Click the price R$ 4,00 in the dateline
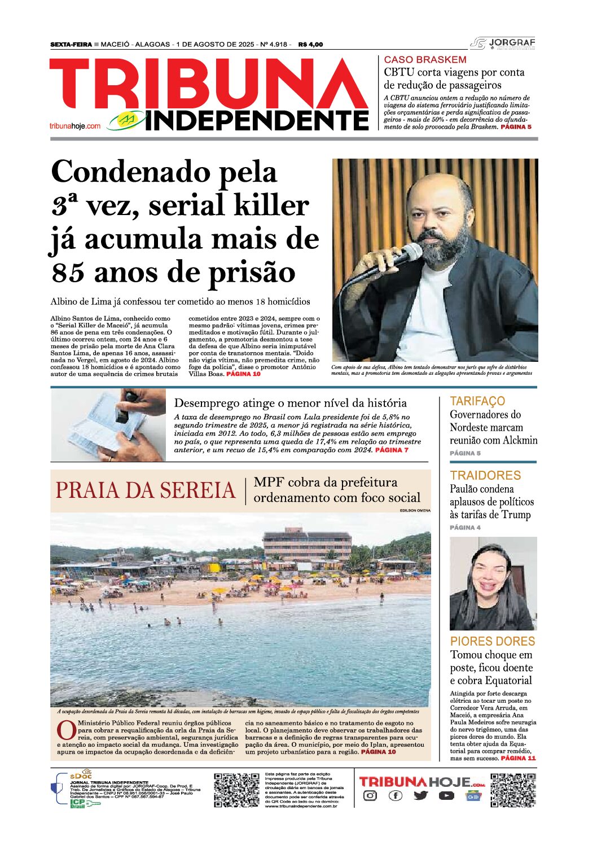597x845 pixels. [310, 45]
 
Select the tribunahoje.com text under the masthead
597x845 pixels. [74, 126]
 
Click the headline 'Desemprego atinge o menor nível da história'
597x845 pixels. [290, 403]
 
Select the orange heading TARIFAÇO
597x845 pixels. [477, 401]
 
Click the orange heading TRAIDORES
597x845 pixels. [485, 475]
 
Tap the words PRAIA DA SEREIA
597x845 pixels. [145, 491]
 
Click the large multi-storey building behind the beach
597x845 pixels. [308, 543]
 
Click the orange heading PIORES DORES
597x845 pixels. [492, 641]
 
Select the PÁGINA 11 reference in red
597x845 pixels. [518, 758]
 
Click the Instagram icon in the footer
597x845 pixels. [370, 796]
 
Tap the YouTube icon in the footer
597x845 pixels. [446, 796]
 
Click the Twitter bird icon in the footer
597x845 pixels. [420, 796]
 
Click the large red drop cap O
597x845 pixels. [67, 730]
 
